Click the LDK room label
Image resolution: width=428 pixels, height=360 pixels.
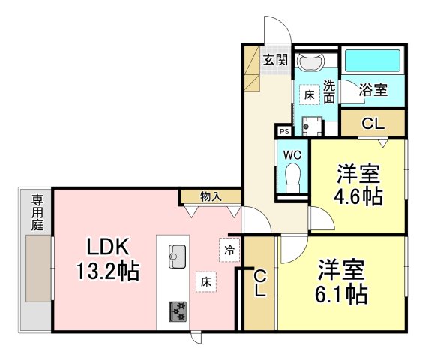109,246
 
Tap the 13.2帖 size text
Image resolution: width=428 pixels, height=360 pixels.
108,271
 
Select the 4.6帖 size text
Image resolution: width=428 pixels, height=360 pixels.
358,196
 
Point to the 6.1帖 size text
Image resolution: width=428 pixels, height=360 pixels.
341,292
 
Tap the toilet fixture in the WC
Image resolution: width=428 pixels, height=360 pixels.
292,178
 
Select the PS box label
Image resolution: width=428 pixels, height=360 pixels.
283,131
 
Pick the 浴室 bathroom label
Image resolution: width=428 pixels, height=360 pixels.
373,90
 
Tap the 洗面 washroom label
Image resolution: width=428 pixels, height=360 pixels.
329,91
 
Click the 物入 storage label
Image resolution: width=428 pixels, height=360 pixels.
211,197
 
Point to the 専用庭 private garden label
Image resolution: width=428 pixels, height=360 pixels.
36,211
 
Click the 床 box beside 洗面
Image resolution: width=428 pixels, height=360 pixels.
309,94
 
